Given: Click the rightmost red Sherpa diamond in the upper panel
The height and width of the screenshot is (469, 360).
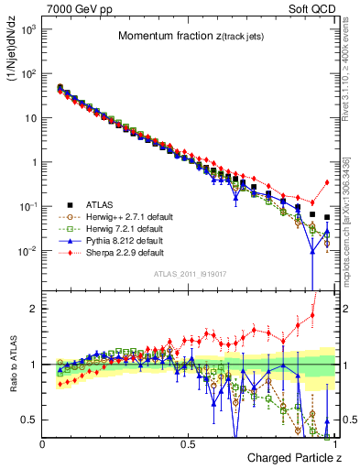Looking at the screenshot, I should (327, 182).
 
